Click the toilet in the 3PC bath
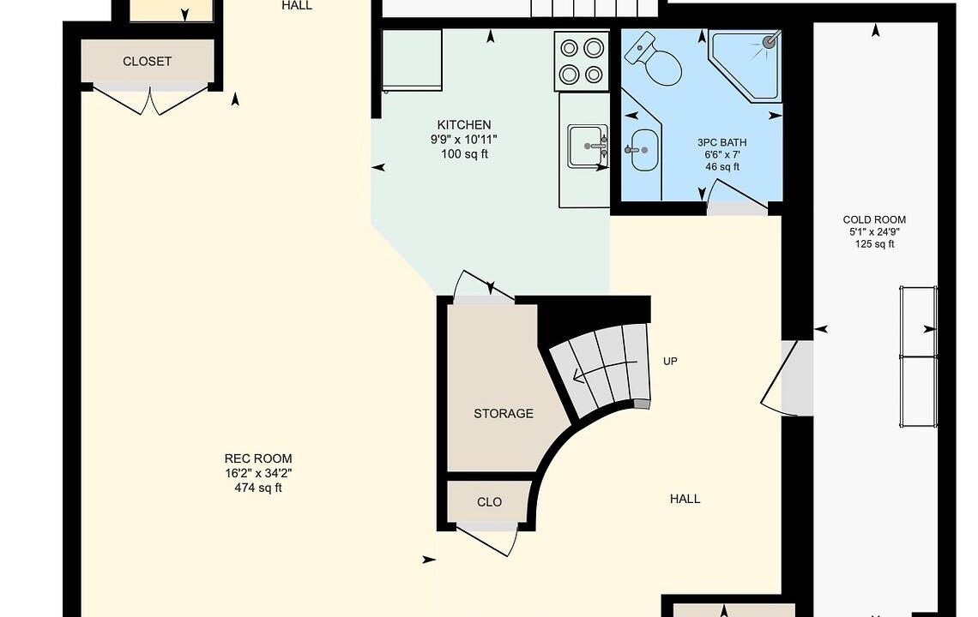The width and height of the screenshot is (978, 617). tap(655, 59)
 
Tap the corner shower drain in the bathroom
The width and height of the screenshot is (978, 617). tap(771, 42)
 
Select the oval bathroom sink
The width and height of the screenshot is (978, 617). tap(644, 150)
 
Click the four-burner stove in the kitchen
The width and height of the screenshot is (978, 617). tap(582, 61)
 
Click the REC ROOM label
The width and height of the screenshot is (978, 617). tap(258, 458)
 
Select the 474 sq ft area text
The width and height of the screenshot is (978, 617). tap(258, 488)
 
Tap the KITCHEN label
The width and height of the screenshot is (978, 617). tap(464, 124)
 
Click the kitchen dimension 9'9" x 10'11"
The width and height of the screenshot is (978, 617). tap(464, 140)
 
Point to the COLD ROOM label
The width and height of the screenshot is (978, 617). tap(874, 219)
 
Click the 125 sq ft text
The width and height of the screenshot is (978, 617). tap(874, 243)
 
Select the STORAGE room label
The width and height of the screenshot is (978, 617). tap(504, 413)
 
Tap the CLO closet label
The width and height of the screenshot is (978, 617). tap(489, 502)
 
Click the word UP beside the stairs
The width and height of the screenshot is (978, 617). tap(671, 362)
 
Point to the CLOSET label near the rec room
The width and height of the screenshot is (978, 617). tap(147, 61)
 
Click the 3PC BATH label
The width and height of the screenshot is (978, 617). tap(722, 143)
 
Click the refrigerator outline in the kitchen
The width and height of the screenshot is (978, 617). tap(412, 61)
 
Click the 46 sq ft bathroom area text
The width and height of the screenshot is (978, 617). tap(722, 167)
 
